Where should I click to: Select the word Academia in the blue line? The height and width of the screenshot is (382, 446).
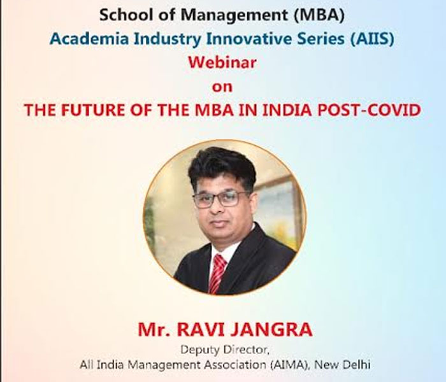click(89, 39)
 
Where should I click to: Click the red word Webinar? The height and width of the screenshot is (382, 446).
click(222, 62)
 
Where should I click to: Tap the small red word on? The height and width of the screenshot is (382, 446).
click(222, 87)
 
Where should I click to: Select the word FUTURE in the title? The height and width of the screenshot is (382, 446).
click(93, 110)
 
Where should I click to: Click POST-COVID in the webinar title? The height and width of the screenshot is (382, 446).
click(369, 110)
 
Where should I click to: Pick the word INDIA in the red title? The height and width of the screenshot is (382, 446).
click(287, 110)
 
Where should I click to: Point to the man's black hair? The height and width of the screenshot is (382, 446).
click(222, 166)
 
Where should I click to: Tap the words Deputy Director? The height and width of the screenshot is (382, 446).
click(225, 350)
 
